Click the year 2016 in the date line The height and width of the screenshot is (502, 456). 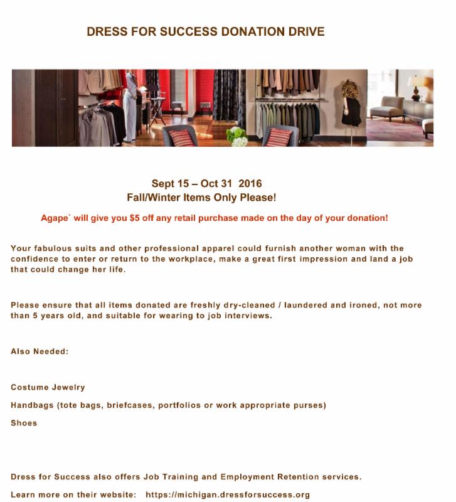(x=250, y=184)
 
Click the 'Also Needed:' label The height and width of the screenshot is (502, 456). (x=40, y=351)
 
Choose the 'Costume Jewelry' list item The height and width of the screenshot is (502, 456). (x=48, y=387)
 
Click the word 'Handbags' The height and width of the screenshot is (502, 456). (x=32, y=405)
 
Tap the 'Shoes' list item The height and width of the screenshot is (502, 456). (x=24, y=423)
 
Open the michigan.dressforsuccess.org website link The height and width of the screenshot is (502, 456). (x=228, y=494)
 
